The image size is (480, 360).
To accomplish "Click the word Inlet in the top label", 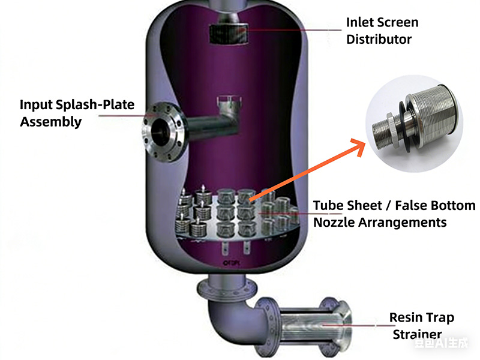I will point(362,23).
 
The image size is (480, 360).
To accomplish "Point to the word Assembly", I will point(50,122).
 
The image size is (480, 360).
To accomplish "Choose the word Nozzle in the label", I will point(334,223).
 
